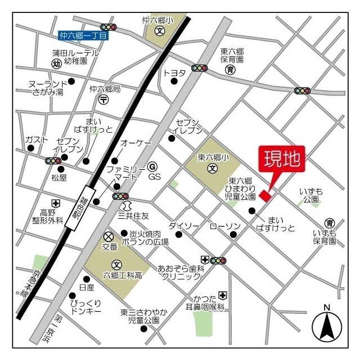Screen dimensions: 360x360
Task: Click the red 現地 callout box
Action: point(281,159)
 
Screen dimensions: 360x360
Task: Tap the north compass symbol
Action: point(327,325)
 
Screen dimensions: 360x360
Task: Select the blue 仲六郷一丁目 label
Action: point(84,35)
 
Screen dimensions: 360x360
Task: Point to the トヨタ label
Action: point(174,73)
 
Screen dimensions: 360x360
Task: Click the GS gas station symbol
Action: point(152,166)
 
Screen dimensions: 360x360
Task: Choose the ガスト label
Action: point(36,139)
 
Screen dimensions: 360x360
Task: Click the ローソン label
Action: point(225,226)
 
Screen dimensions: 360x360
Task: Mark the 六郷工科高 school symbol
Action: point(116,264)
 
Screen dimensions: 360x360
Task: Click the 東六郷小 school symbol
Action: point(212,168)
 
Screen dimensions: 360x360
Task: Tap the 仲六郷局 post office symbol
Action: point(104,100)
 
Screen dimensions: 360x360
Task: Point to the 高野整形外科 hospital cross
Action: point(56,203)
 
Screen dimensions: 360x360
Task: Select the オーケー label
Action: point(136,144)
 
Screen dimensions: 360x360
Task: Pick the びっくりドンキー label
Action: point(86,306)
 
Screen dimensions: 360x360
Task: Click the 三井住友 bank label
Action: point(133,215)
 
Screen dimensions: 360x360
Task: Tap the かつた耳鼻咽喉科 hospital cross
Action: point(223,295)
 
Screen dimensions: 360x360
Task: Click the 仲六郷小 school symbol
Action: point(159,31)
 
